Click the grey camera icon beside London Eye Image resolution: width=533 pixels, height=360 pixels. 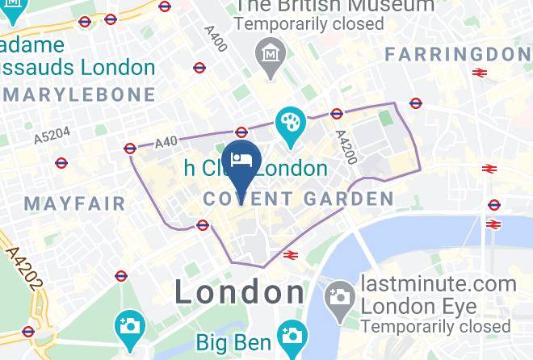[x=340, y=298]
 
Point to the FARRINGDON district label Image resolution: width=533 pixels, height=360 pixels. [x=458, y=54]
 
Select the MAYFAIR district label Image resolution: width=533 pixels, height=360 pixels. [x=74, y=203]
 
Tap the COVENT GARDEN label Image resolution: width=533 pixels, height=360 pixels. [x=299, y=199]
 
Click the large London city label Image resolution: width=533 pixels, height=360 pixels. [x=240, y=291]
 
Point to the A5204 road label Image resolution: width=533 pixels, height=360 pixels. [x=52, y=136]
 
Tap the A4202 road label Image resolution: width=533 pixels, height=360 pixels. [x=23, y=270]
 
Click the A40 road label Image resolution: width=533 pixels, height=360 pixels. [x=166, y=142]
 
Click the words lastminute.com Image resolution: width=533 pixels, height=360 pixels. [x=439, y=284]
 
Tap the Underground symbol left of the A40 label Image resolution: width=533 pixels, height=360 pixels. [x=130, y=148]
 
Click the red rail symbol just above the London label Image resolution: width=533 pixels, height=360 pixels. [x=292, y=255]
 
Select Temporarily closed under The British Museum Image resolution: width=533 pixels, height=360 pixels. [x=309, y=25]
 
